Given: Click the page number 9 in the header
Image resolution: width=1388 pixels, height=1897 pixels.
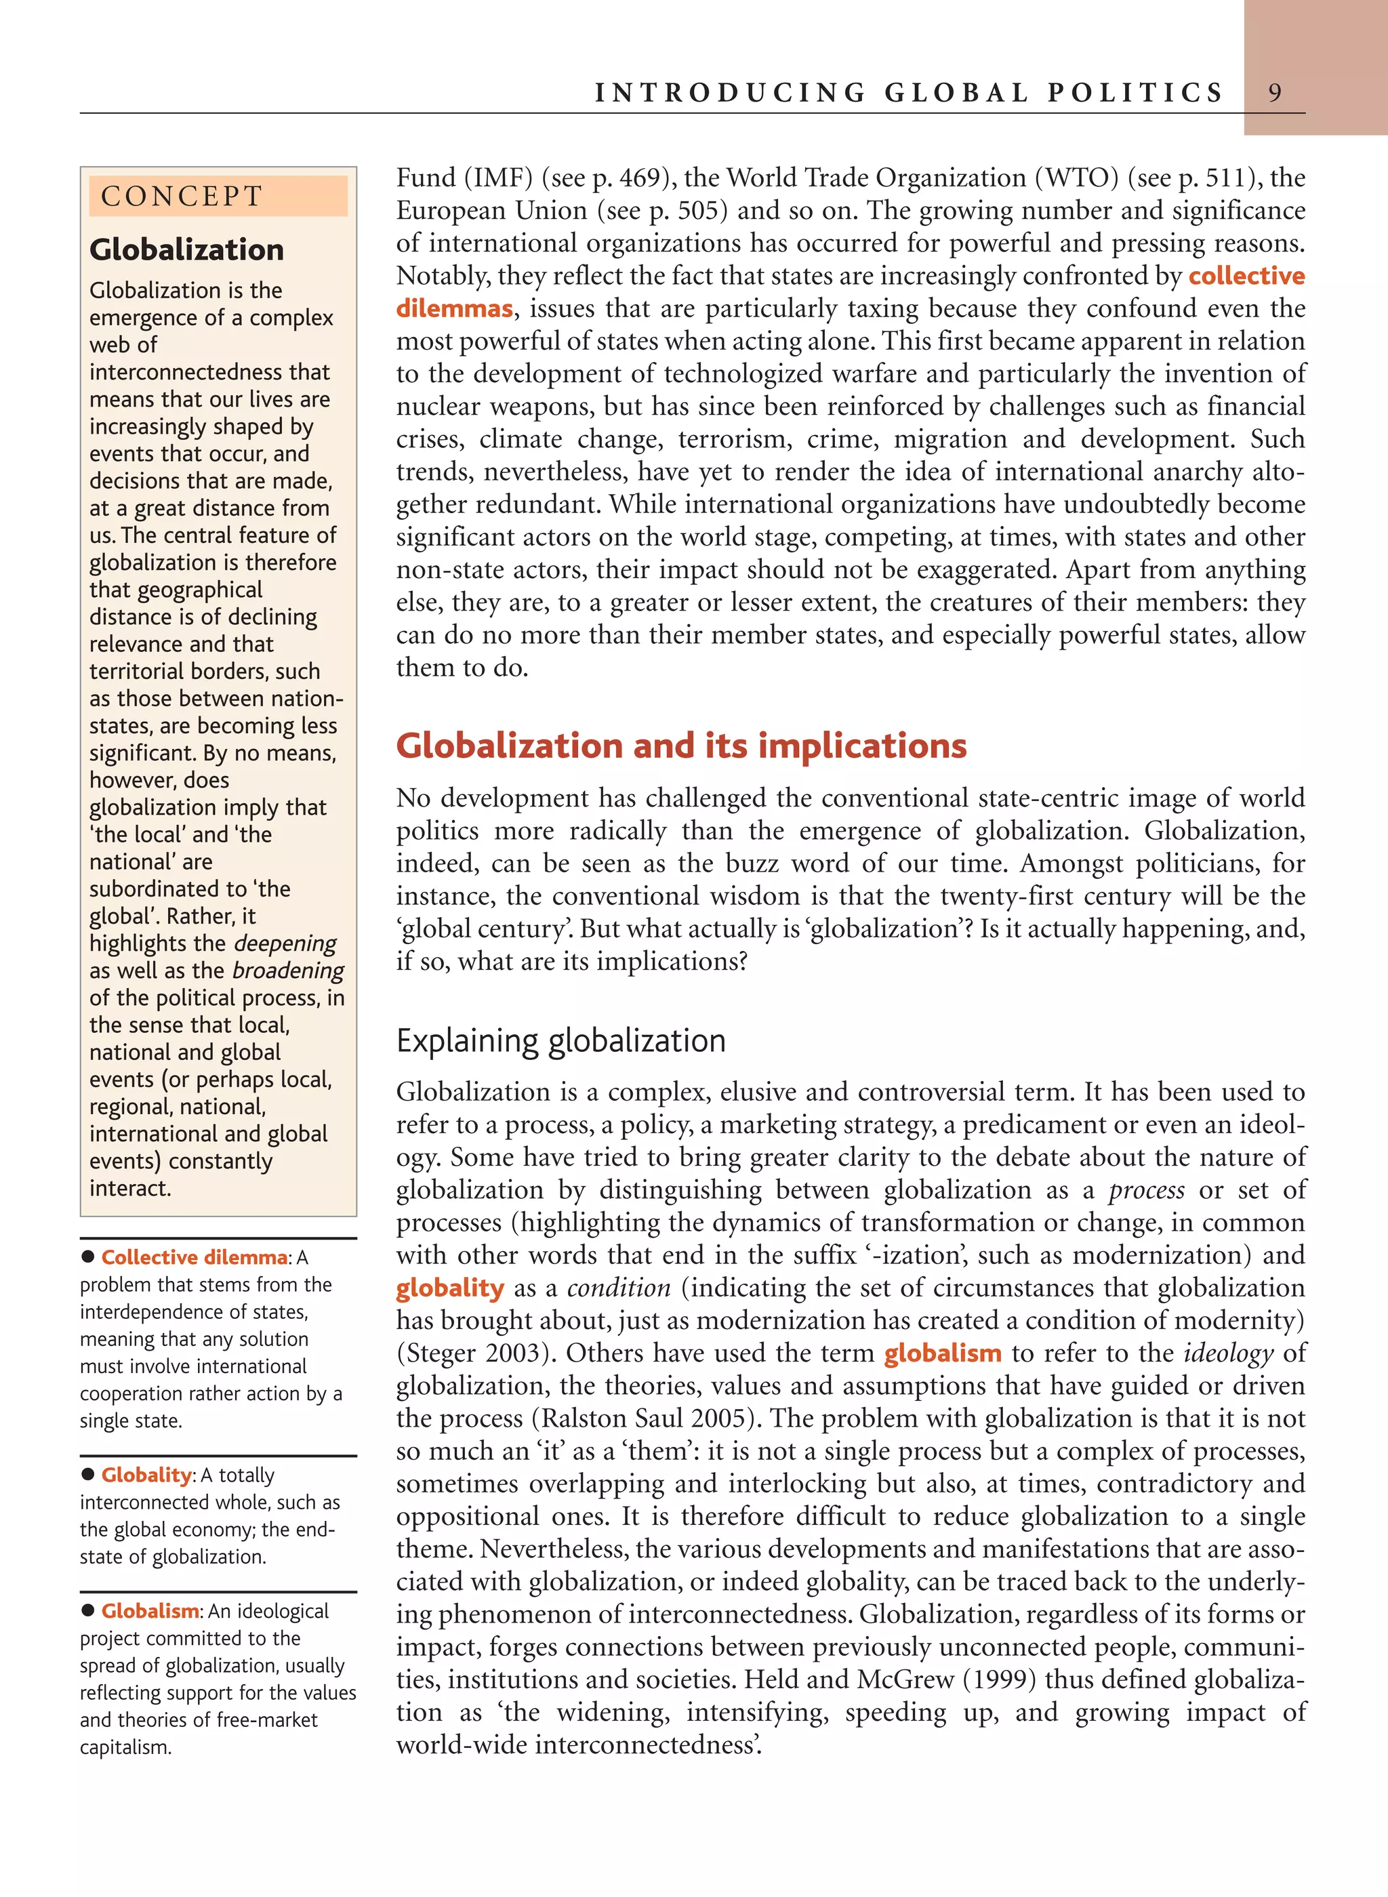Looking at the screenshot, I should pos(1275,92).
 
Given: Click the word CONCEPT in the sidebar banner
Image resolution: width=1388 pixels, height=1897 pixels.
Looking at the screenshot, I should pos(182,197).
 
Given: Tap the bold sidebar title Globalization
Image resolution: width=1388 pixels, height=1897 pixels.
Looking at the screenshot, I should pos(186,249).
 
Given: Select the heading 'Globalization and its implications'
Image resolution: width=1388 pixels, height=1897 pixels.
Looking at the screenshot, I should pos(680,746).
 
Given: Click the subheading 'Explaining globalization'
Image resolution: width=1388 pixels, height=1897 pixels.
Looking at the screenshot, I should pos(560,1040).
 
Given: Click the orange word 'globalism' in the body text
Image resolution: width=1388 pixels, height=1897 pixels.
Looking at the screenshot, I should pos(942,1353).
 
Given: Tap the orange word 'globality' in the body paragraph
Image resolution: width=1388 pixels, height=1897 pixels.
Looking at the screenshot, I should pos(449,1287).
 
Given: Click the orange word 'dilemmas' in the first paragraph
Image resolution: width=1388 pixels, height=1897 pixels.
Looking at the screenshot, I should pos(453,308).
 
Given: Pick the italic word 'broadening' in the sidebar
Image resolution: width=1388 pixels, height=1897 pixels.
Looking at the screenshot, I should pos(287,971).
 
